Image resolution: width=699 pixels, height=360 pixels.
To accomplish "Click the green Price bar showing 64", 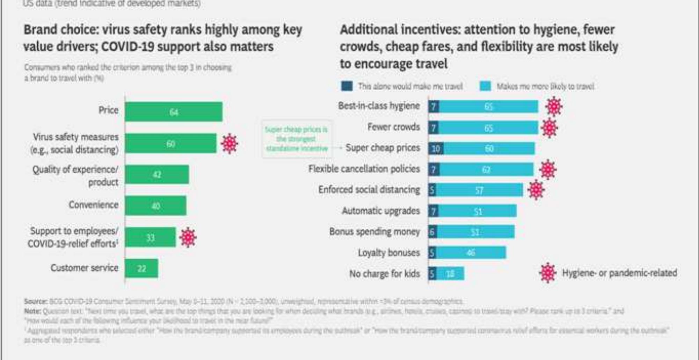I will coord(173,112).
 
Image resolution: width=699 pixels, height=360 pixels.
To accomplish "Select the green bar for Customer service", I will coord(141,268).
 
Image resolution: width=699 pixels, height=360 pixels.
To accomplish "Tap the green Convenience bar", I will coord(155,206).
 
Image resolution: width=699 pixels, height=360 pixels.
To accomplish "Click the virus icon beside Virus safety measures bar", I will coord(230,143).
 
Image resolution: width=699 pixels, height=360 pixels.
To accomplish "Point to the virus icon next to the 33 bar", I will coord(188,237).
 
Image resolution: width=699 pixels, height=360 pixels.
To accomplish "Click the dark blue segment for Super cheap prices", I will coord(436,149).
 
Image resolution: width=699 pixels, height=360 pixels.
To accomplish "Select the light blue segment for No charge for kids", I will coord(450,274).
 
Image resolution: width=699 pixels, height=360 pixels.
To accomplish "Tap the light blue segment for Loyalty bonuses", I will coord(471,252).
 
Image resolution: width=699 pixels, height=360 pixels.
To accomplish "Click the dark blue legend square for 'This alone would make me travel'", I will coord(347,86).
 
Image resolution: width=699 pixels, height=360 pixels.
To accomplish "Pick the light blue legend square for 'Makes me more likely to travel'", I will coord(485,86).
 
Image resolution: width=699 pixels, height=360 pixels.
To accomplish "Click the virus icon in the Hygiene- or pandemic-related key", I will coord(547,273).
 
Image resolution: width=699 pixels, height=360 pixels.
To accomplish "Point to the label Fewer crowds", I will coord(393,127).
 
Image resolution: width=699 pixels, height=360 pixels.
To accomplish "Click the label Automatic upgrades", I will coord(380,211).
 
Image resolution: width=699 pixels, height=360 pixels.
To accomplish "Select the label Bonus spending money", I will coord(374,232).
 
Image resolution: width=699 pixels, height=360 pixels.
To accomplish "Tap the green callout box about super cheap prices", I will coord(297,139).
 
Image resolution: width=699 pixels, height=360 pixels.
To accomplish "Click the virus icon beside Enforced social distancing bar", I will coord(536,190).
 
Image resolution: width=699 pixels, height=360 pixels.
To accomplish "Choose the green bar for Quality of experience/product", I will coord(157,174).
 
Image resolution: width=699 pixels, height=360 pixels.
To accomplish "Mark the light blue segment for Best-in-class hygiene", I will coord(488,107).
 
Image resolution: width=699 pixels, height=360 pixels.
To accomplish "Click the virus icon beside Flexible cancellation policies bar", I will coord(548,170).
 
